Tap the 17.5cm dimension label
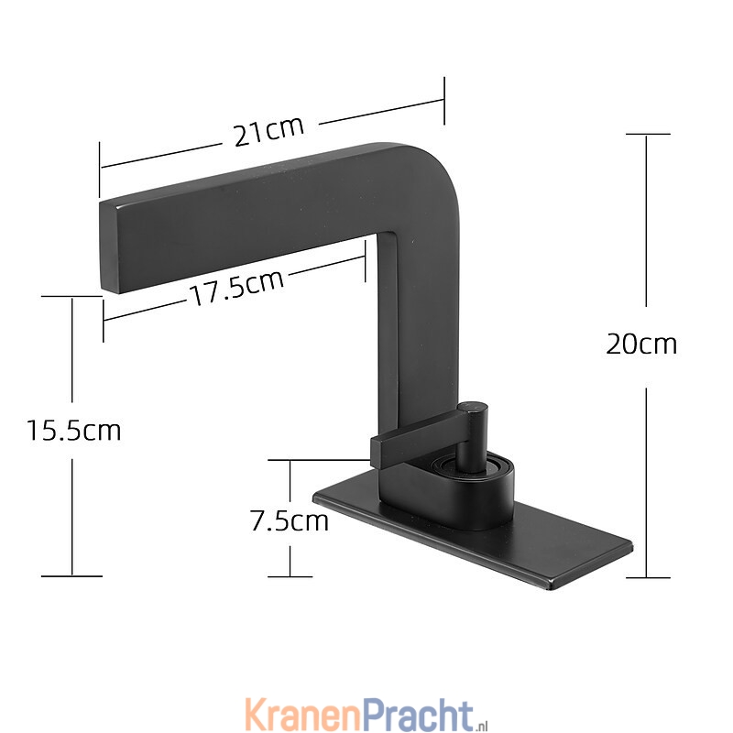pos(236,287)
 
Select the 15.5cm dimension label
pos(74,430)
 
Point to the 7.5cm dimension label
pos(290,520)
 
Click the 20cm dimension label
pos(641,345)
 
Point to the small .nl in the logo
pos(482,725)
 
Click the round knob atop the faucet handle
pos(473,408)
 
